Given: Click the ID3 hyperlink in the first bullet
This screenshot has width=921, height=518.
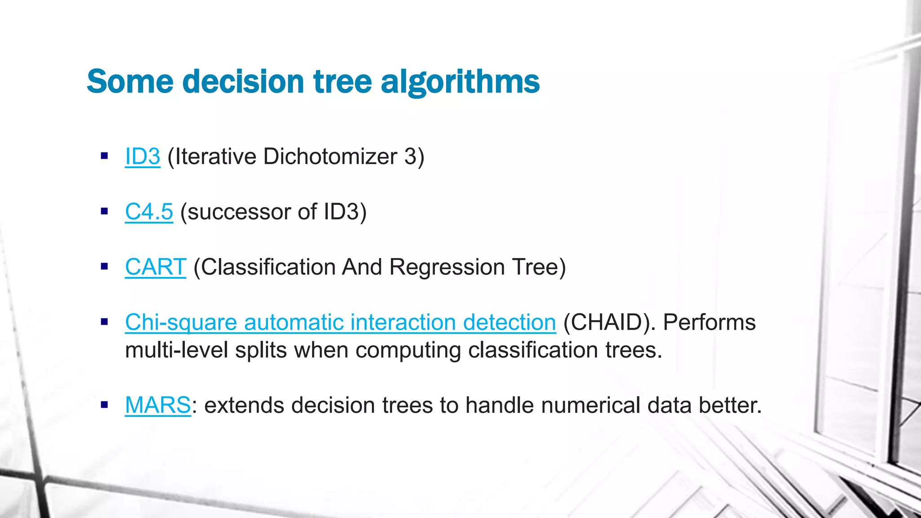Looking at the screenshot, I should [143, 156].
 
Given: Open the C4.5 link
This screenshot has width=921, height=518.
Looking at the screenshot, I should [149, 212].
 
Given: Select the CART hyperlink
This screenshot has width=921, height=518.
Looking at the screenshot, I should [156, 267].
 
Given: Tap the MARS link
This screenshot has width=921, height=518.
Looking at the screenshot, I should [158, 405].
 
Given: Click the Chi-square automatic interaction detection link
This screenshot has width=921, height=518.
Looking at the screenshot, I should [340, 322].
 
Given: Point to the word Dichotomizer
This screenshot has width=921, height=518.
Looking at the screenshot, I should [330, 156].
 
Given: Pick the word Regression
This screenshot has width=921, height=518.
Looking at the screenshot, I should [447, 267].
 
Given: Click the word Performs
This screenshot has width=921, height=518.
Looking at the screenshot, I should [709, 322].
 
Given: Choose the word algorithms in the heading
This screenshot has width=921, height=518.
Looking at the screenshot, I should [460, 82].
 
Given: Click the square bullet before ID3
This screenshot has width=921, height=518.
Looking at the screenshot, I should [105, 156].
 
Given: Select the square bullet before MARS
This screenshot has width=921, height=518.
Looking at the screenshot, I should [105, 405].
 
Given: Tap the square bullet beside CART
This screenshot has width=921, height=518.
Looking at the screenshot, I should [105, 267].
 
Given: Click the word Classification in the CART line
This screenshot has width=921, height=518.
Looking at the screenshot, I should [268, 267].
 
